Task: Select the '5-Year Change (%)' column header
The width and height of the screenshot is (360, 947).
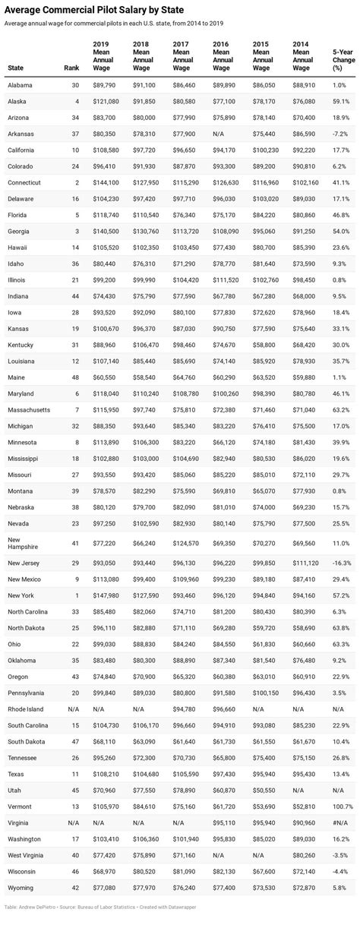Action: pos(342,59)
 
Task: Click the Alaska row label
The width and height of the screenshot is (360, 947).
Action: pos(17,101)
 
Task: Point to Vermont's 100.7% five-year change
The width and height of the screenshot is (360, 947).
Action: pos(343,805)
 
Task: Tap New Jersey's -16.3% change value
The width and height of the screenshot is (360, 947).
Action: pos(341,562)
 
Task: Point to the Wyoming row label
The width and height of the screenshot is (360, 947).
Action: pos(20,886)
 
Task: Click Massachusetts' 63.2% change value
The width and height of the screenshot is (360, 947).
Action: pos(341,410)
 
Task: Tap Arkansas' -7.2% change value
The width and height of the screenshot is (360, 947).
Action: pos(341,134)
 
